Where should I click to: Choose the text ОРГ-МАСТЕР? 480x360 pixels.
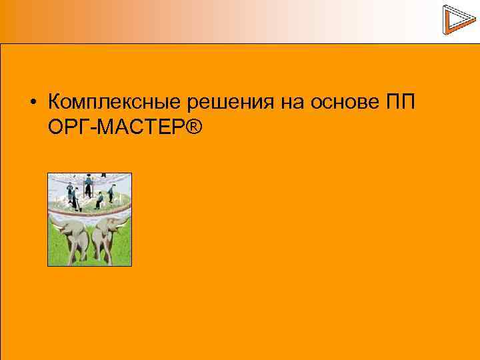point(116,125)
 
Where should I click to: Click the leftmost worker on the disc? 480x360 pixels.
point(69,189)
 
